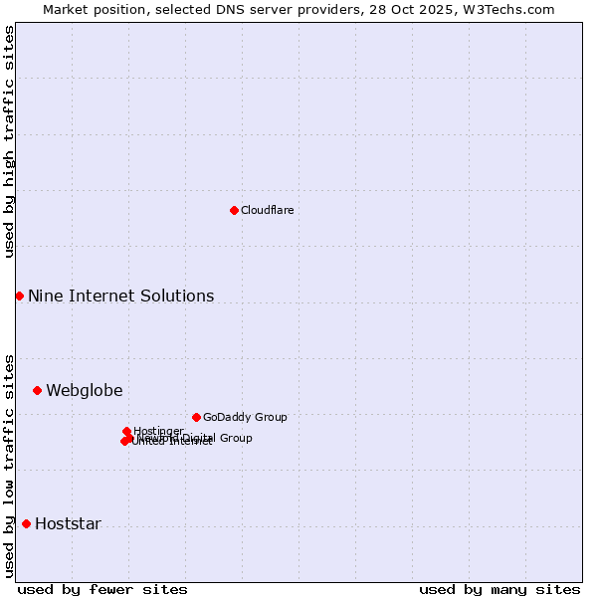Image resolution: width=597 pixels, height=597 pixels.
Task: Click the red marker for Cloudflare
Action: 234,210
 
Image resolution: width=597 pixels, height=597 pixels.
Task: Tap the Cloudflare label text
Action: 267,210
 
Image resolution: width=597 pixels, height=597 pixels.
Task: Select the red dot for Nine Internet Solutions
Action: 19,296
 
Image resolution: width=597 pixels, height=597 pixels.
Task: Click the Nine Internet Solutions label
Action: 120,296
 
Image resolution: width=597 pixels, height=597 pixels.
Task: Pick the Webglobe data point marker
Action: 37,390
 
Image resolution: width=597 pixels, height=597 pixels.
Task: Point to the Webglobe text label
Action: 85,390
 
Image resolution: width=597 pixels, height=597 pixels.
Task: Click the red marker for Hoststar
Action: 26,523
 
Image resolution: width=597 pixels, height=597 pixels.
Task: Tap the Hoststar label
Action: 68,524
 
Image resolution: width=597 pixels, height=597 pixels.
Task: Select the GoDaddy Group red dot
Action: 196,417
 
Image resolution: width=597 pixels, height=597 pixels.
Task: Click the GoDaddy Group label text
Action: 245,417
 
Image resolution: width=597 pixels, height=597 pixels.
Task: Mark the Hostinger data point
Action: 126,431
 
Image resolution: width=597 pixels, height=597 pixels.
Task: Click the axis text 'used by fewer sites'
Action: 102,589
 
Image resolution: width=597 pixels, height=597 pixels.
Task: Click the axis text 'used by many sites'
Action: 499,589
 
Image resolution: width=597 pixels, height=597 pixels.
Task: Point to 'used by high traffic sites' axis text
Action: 9,141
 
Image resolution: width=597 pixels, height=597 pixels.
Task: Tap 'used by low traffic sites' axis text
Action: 9,466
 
